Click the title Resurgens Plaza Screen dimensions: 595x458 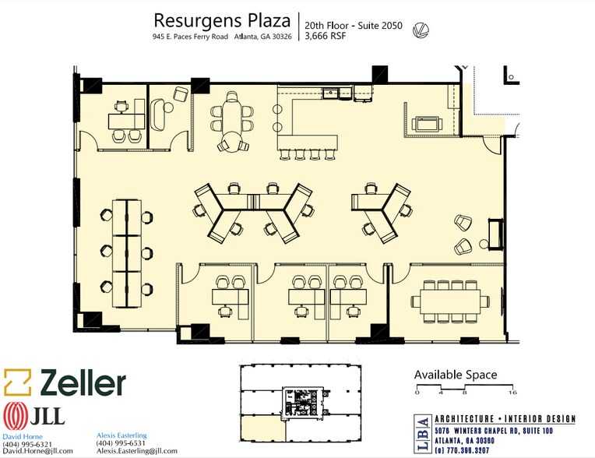pyautogui.click(x=222, y=20)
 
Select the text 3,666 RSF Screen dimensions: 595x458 pyautogui.click(x=326, y=36)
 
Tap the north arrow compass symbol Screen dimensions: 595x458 pyautogui.click(x=421, y=30)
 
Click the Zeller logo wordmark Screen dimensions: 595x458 pyautogui.click(x=83, y=382)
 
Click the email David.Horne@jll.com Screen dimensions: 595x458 pyautogui.click(x=37, y=451)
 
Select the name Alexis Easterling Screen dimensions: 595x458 pyautogui.click(x=121, y=435)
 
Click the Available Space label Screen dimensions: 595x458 pyautogui.click(x=456, y=375)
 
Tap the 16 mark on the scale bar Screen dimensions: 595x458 pyautogui.click(x=512, y=393)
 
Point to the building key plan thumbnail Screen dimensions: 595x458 pyautogui.click(x=300, y=403)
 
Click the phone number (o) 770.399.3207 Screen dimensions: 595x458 pyautogui.click(x=462, y=450)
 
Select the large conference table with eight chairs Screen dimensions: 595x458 pyautogui.click(x=450, y=301)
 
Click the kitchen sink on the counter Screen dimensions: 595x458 pyautogui.click(x=332, y=93)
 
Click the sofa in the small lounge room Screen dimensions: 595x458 pyautogui.click(x=157, y=114)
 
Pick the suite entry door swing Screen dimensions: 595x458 pyautogui.click(x=491, y=145)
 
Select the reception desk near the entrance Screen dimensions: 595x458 pyautogui.click(x=495, y=234)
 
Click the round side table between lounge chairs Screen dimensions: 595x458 pyautogui.click(x=484, y=244)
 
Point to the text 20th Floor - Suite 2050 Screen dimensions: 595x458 pyautogui.click(x=354, y=26)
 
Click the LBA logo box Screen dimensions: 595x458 pyautogui.click(x=423, y=433)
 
